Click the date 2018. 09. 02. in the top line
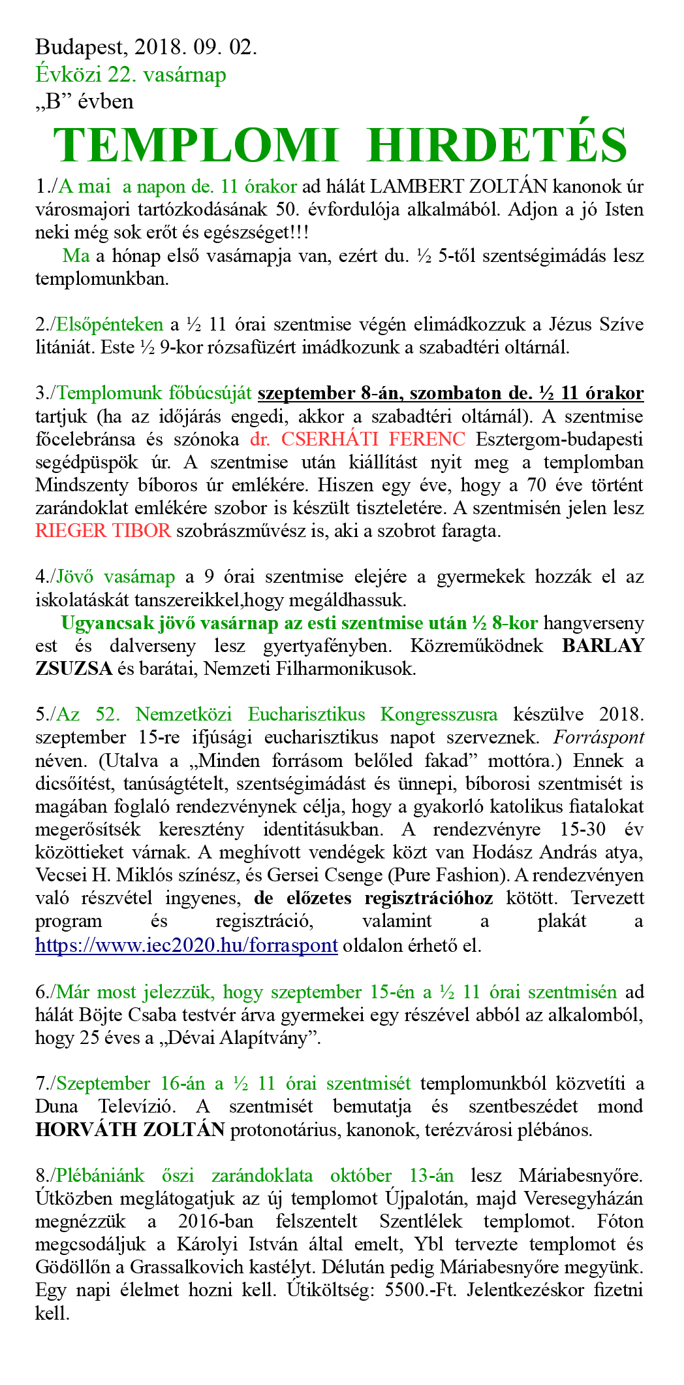click(x=195, y=47)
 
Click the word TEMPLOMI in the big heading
click(x=195, y=144)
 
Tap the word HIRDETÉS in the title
click(x=497, y=144)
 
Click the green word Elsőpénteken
click(x=110, y=325)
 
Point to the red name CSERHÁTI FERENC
click(x=358, y=439)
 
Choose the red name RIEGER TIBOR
click(x=103, y=530)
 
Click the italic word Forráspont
click(x=598, y=738)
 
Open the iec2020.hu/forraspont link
click(x=187, y=945)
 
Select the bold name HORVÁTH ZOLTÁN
click(x=130, y=1130)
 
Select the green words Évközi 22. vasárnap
click(x=131, y=74)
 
